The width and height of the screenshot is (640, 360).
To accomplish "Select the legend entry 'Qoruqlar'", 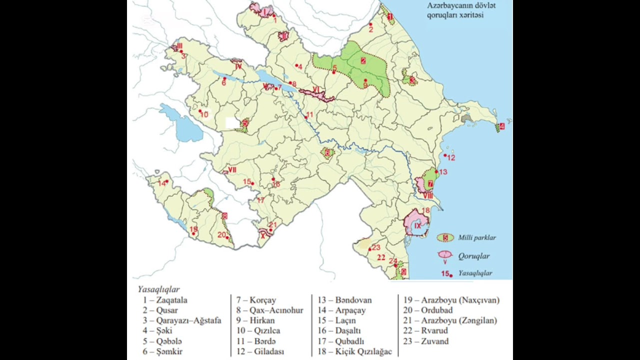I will pyautogui.click(x=473, y=256).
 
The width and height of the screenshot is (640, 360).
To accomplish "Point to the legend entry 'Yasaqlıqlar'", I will pyautogui.click(x=474, y=273).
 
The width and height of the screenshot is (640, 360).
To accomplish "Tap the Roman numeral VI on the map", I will pyautogui.click(x=315, y=89).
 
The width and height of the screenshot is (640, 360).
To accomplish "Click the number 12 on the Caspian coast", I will pyautogui.click(x=451, y=157).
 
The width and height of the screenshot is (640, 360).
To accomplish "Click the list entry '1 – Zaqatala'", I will pyautogui.click(x=164, y=300).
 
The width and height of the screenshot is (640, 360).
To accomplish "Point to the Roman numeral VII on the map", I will pyautogui.click(x=232, y=170).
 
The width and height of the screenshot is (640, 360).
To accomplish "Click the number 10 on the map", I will pyautogui.click(x=204, y=115).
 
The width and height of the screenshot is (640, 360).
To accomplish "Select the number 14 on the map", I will pyautogui.click(x=161, y=183).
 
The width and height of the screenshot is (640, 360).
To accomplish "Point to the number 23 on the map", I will pyautogui.click(x=376, y=247).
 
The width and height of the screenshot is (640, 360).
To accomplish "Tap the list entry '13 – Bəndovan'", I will pyautogui.click(x=345, y=300).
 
